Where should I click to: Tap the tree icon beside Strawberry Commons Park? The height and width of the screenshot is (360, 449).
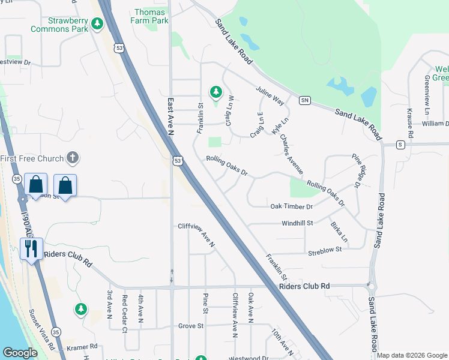pyautogui.click(x=97, y=24)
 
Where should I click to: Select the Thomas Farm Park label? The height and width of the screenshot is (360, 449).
pyautogui.click(x=151, y=16)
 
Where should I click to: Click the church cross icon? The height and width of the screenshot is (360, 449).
pyautogui.click(x=72, y=158)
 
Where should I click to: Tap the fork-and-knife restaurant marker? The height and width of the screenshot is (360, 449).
pyautogui.click(x=31, y=248)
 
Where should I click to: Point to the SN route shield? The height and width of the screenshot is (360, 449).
pyautogui.click(x=305, y=100)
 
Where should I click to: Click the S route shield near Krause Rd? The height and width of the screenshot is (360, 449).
pyautogui.click(x=400, y=145)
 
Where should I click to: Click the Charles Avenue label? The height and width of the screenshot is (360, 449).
pyautogui.click(x=292, y=154)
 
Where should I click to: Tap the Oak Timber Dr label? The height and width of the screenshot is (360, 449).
pyautogui.click(x=292, y=206)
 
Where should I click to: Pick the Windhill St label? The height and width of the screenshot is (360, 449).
pyautogui.click(x=298, y=223)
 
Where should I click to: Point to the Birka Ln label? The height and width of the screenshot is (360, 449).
pyautogui.click(x=339, y=234)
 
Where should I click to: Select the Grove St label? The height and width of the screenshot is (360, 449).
pyautogui.click(x=192, y=326)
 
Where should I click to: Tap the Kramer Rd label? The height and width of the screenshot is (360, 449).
pyautogui.click(x=83, y=347)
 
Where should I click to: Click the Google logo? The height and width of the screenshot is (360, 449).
pyautogui.click(x=20, y=353)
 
